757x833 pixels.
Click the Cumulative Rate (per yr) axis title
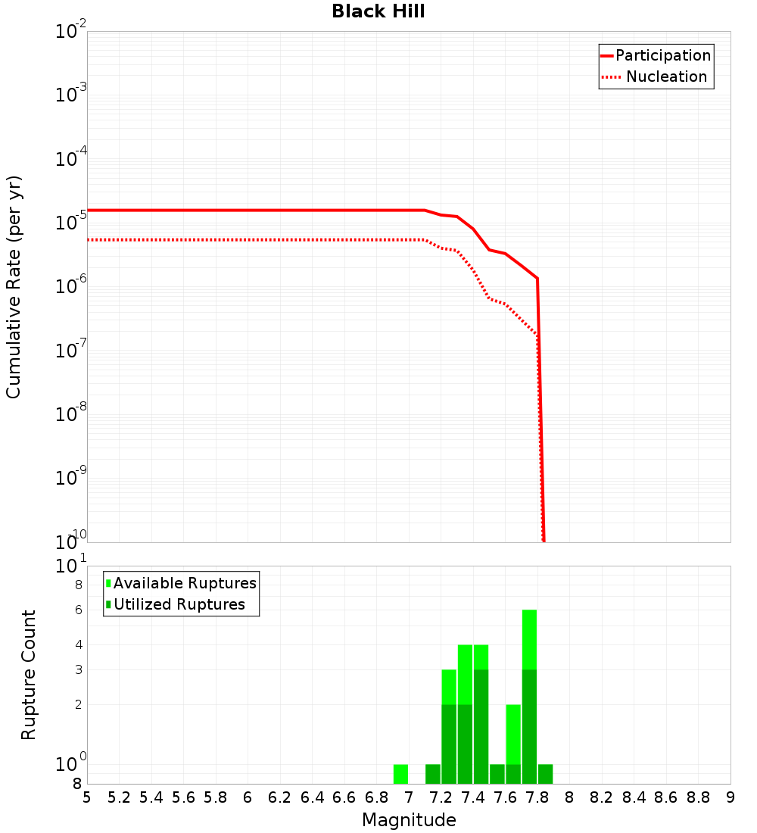(14, 287)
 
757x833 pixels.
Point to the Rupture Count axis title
(29, 675)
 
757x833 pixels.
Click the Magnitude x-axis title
(409, 820)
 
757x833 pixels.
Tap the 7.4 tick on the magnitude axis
(473, 797)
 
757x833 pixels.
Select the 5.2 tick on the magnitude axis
(120, 797)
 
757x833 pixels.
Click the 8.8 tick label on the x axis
(698, 797)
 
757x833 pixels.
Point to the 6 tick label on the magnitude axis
(248, 797)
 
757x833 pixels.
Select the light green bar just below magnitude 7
(400, 774)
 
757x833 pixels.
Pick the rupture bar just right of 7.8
(545, 774)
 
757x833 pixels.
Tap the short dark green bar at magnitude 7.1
(433, 774)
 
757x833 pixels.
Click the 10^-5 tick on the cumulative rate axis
(70, 223)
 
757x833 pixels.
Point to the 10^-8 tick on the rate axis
(70, 414)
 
